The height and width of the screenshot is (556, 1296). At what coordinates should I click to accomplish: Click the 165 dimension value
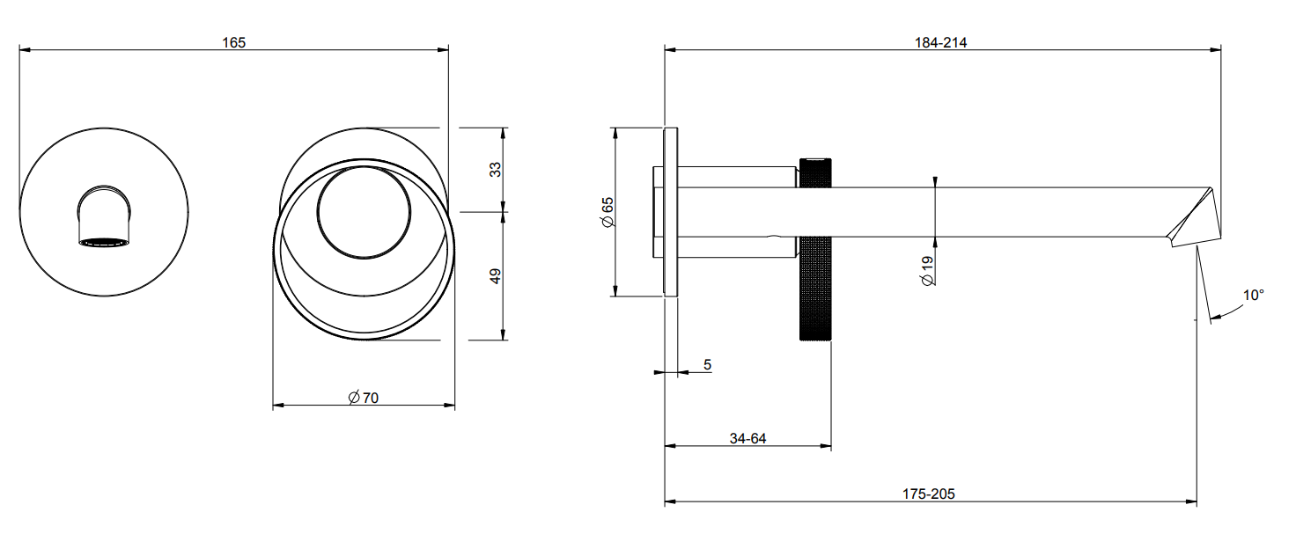(233, 42)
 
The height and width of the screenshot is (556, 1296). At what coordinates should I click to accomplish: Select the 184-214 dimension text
(940, 42)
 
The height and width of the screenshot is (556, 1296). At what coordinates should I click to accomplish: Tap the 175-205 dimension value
(928, 494)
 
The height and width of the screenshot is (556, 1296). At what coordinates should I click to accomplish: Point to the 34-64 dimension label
(747, 438)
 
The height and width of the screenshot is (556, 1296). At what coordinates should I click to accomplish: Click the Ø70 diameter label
(364, 398)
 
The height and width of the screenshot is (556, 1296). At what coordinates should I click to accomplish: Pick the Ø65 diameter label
(607, 212)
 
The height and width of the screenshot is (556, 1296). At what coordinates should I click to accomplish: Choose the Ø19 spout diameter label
(927, 270)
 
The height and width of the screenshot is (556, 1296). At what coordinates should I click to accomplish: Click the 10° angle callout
(1253, 296)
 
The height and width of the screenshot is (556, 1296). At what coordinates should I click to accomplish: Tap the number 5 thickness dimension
(707, 365)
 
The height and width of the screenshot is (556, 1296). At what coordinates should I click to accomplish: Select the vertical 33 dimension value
(496, 169)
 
